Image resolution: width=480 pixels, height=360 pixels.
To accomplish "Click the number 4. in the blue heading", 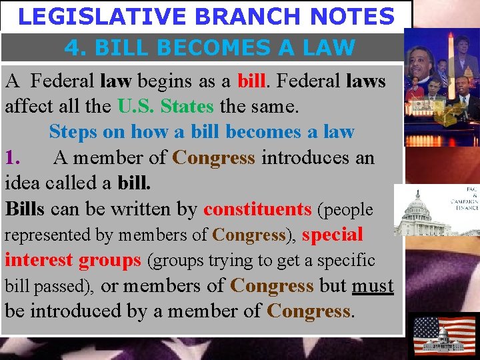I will [x=77, y=47].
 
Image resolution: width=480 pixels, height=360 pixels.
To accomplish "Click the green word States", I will [x=187, y=107].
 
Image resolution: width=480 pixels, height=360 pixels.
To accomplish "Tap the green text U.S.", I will [x=137, y=107].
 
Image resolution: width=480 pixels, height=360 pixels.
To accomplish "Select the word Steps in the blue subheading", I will [x=73, y=132].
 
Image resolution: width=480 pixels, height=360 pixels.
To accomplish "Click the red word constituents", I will [x=257, y=209].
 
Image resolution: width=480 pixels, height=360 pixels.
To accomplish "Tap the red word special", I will [x=333, y=235].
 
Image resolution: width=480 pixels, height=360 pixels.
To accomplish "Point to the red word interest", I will [x=39, y=260].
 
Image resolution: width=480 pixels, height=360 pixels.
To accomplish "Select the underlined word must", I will [x=373, y=286].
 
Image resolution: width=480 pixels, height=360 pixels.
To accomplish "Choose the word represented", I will [x=46, y=235].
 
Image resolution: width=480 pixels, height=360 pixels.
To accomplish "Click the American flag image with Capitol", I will [x=444, y=335].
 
